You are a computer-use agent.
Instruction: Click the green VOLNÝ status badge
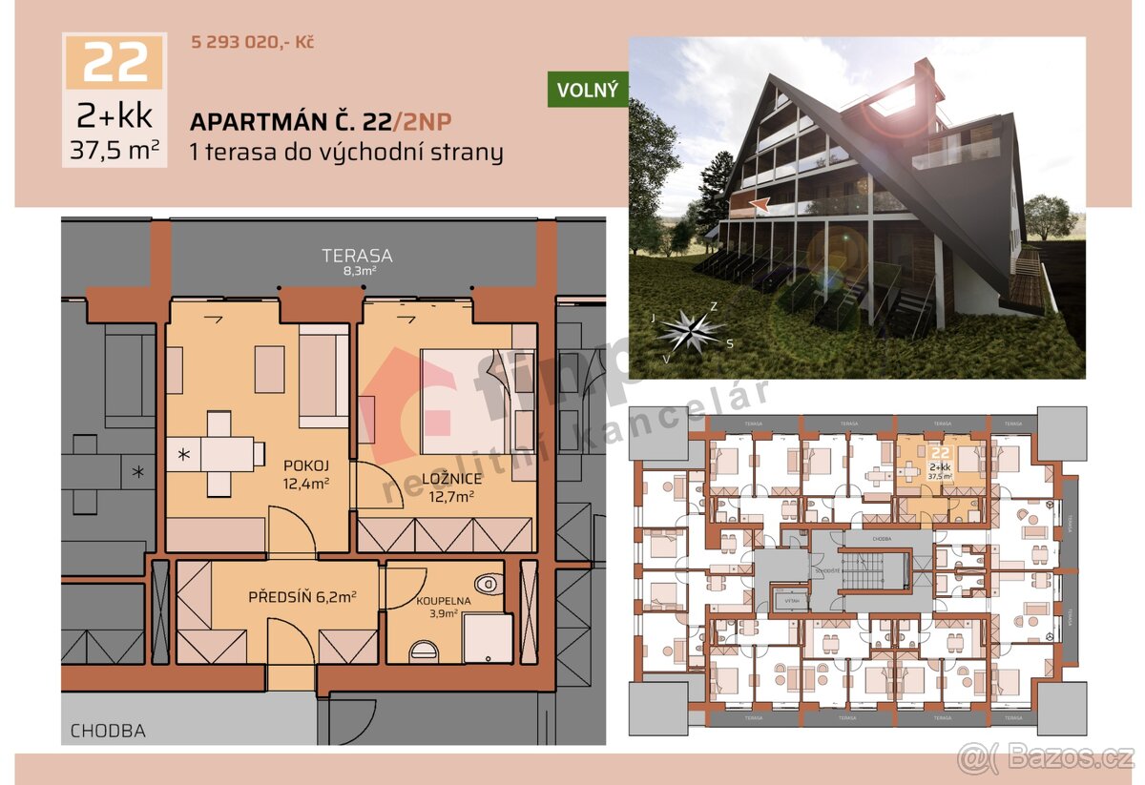coord(587,90)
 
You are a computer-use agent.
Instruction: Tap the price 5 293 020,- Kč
coord(253,42)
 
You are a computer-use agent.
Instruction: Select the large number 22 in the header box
coord(114,63)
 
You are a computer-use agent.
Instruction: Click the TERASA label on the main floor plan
coord(357,256)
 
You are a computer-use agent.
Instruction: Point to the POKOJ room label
coord(305,465)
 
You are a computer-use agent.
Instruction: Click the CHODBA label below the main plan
coord(108,732)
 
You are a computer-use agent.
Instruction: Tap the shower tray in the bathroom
coord(488,637)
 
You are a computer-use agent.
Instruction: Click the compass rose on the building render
coord(691,330)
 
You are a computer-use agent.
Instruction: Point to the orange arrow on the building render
coord(759,202)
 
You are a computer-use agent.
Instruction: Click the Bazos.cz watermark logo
coord(1046,757)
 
